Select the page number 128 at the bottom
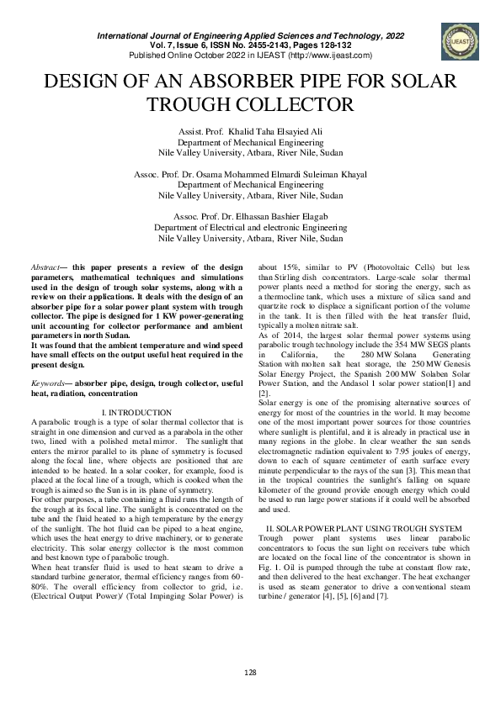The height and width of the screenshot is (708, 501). pos(250,673)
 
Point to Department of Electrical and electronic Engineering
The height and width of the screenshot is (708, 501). pos(251,227)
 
